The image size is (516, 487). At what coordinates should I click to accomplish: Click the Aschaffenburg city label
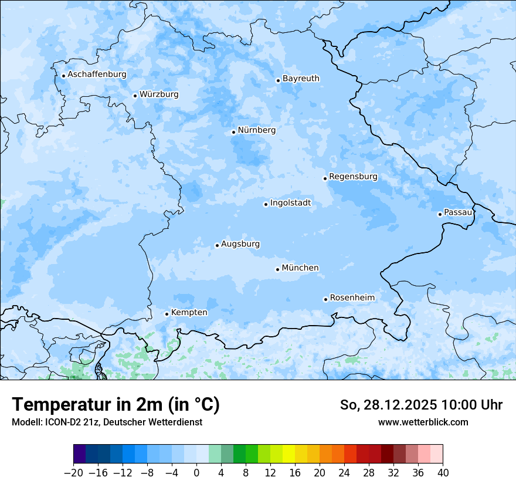pyautogui.click(x=97, y=75)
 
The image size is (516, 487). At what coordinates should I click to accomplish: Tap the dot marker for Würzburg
pyautogui.click(x=135, y=96)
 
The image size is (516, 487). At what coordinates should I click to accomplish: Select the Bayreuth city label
pyautogui.click(x=301, y=79)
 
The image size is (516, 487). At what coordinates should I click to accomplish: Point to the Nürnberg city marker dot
pyautogui.click(x=233, y=132)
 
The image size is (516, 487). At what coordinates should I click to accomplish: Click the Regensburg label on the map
pyautogui.click(x=353, y=177)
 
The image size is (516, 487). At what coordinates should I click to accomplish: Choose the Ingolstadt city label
pyautogui.click(x=290, y=203)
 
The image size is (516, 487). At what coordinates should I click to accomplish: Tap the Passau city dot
pyautogui.click(x=440, y=214)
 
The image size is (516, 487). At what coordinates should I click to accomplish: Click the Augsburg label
pyautogui.click(x=240, y=244)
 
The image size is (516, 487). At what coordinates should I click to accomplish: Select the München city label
pyautogui.click(x=300, y=268)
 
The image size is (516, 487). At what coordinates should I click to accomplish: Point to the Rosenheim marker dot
pyautogui.click(x=325, y=299)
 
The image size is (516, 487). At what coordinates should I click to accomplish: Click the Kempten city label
pyautogui.click(x=189, y=313)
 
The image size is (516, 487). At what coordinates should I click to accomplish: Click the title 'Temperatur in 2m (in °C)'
pyautogui.click(x=116, y=405)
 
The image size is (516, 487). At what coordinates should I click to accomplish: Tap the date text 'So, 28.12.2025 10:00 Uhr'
pyautogui.click(x=421, y=405)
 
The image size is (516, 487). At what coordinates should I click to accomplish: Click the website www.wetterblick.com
pyautogui.click(x=423, y=422)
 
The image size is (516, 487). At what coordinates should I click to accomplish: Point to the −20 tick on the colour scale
pyautogui.click(x=73, y=473)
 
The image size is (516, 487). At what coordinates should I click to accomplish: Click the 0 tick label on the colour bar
pyautogui.click(x=196, y=473)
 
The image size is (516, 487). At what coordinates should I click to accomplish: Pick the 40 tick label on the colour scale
pyautogui.click(x=443, y=473)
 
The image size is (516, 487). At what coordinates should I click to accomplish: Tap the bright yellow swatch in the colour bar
pyautogui.click(x=288, y=454)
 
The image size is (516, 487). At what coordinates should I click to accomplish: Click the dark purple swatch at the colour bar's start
pyautogui.click(x=79, y=454)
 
